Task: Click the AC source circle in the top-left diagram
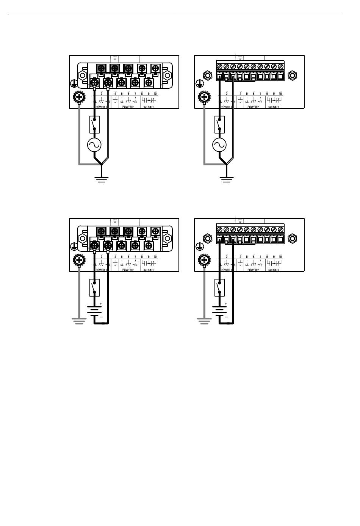pos(94,144)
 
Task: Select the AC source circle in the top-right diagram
pos(219,144)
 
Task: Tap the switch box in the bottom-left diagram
pos(94,287)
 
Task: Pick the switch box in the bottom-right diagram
pos(219,287)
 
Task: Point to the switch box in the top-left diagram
pos(94,124)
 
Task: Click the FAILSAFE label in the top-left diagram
pos(148,107)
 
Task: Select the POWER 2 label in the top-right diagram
pos(253,107)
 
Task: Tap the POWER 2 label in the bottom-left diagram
pos(128,270)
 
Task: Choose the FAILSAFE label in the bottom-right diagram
pos(273,270)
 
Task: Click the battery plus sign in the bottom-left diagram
pos(101,304)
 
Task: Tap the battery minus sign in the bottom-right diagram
pos(226,317)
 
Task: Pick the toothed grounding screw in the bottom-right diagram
pos(204,260)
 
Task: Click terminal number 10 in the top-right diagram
pos(280,93)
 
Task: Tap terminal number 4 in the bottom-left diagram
pos(115,256)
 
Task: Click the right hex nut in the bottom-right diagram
pos(292,239)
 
